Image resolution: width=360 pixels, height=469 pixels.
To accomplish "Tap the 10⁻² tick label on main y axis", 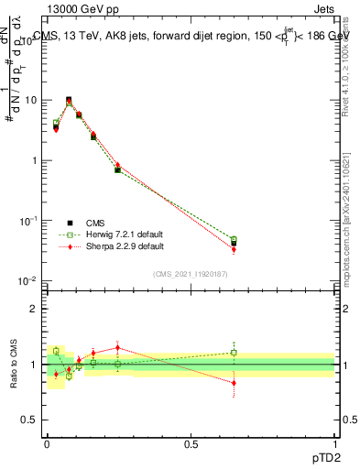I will coord(29,280).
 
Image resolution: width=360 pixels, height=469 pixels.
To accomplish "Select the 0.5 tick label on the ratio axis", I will coord(32,420).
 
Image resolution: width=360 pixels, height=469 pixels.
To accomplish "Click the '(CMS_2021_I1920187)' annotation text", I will coord(191,273).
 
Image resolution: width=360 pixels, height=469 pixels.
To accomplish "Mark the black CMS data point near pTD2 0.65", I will coord(234,243).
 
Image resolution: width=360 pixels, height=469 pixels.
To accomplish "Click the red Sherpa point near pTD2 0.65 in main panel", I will coord(234,249).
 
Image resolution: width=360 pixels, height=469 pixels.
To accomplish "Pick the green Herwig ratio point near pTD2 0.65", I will coord(234,353).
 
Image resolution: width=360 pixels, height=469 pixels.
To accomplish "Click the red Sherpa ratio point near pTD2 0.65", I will coord(234,383).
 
